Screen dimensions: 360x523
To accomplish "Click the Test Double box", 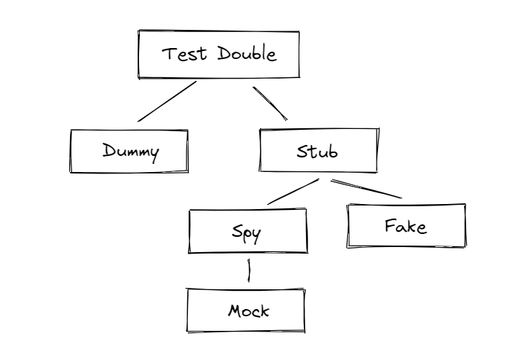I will pos(219,55).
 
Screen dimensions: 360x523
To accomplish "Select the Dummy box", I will pos(129,152).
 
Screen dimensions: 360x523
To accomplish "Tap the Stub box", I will pos(319,152).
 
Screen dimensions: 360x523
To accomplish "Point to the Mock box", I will pos(246,311).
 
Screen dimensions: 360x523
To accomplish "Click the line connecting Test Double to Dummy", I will pos(167,101).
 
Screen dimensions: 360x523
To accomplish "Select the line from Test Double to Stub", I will pos(270,103).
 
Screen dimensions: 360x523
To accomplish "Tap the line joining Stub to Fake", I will pos(366,188).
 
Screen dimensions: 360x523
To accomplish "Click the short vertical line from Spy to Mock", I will pos(250,270).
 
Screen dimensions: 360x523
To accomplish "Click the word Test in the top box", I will pos(181,55).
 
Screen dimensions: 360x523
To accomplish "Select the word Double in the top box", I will pos(245,55).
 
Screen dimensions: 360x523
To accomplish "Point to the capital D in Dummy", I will pos(107,151).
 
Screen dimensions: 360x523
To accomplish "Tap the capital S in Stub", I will pos(302,152).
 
